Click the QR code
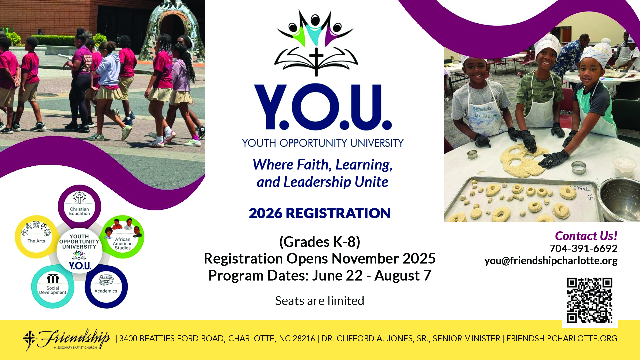589,300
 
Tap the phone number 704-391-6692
583,248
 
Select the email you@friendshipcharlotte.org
551,260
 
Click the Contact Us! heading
586,236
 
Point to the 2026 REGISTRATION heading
319,213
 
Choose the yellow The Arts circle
36,237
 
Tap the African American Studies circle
123,237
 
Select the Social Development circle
53,287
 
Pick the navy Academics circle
106,287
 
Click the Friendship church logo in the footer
67,339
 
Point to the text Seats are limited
319,301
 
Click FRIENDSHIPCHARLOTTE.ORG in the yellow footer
562,339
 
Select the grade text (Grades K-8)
319,242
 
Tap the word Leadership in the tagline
317,182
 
